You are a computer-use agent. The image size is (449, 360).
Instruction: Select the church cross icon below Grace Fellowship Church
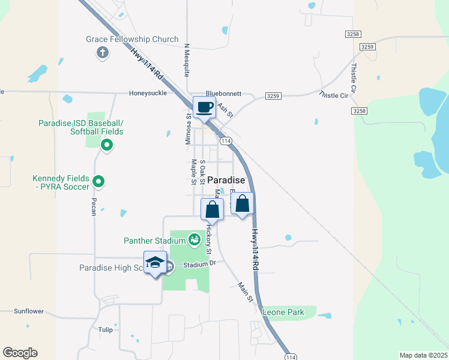coord(102,52)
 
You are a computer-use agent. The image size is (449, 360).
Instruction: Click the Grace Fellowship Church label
coord(132,40)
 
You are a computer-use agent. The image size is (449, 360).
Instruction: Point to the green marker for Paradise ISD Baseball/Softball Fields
coord(107,144)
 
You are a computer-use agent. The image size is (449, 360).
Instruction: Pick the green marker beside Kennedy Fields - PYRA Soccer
coord(100,180)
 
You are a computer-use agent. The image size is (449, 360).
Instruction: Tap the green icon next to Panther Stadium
coord(194,240)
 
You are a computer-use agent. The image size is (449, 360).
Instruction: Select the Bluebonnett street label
coord(223,94)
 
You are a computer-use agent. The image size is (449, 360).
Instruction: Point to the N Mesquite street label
coord(187,60)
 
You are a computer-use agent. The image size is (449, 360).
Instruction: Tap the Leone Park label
coord(283,312)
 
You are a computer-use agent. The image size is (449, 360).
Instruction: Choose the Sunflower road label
coord(29,311)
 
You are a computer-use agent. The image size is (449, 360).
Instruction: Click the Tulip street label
coord(105,329)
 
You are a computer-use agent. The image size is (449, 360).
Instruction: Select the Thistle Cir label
coord(334,95)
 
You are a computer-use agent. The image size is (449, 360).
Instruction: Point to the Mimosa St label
coord(188,131)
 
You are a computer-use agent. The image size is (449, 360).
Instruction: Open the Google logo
coord(20,353)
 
